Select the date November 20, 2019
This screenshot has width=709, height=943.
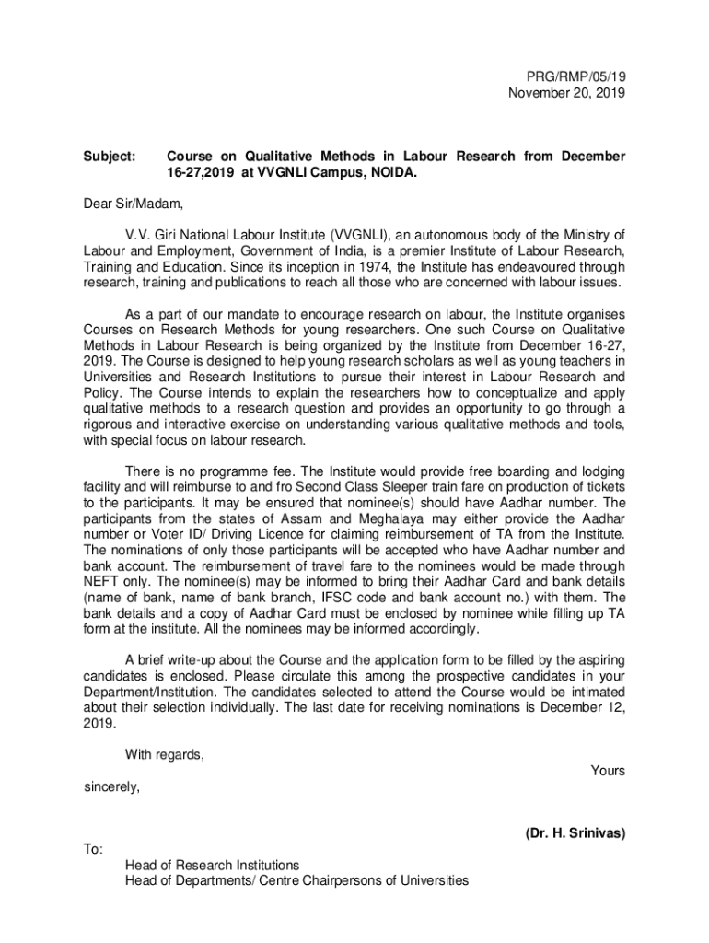566,94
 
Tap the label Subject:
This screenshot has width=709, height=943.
108,157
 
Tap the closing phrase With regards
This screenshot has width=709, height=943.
165,755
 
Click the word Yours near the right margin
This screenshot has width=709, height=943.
608,771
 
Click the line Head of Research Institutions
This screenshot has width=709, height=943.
212,866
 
